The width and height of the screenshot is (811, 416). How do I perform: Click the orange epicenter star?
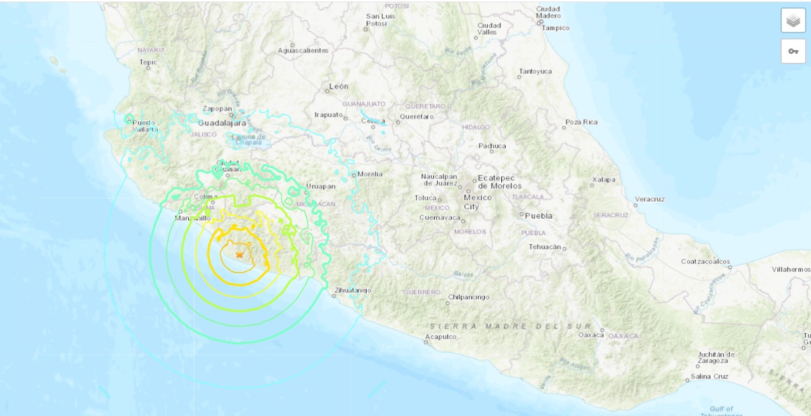tap(239, 254)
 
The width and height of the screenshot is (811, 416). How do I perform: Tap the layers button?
tap(793, 20)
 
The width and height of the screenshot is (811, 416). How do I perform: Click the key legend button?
tap(793, 51)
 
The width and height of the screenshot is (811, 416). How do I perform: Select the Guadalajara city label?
tap(222, 123)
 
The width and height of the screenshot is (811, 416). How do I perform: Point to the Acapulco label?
tap(441, 337)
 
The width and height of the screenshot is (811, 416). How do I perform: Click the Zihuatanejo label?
tap(353, 290)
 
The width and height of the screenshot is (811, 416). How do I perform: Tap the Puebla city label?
tap(538, 216)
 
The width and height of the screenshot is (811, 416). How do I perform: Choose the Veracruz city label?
tap(649, 199)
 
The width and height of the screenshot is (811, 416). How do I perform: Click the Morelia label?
tap(370, 174)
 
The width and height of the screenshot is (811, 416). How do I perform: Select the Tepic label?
tap(148, 62)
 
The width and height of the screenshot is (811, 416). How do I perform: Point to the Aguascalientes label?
tap(303, 50)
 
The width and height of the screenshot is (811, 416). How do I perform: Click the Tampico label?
tap(555, 28)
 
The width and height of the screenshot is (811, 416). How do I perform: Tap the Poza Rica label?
tap(582, 122)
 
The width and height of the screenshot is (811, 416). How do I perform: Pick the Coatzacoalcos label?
tap(705, 261)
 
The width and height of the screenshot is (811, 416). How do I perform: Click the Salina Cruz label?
tap(710, 376)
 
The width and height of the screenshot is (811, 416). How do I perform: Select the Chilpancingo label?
tap(468, 297)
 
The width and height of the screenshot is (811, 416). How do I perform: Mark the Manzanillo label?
tap(193, 218)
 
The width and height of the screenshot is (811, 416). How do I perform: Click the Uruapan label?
tap(320, 186)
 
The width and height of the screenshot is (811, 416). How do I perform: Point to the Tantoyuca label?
tap(535, 71)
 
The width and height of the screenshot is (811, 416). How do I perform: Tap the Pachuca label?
tap(492, 146)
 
